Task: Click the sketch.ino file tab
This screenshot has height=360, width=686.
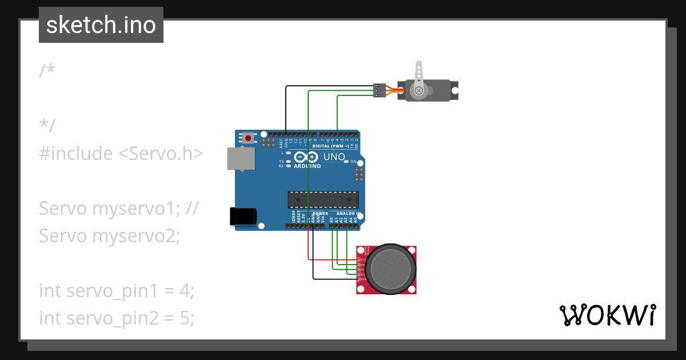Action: (101, 25)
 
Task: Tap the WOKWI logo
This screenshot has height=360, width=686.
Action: (607, 315)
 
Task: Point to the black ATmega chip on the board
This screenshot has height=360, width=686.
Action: (323, 199)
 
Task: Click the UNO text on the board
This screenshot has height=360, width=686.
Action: (334, 157)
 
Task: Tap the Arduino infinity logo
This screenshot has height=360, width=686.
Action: (307, 158)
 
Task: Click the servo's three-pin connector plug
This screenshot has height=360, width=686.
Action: (379, 90)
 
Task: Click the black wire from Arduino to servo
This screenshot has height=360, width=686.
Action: (286, 109)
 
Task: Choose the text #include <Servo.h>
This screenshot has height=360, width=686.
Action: (121, 153)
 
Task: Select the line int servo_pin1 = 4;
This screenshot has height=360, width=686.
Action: (117, 290)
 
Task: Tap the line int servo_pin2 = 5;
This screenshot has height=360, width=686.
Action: (117, 318)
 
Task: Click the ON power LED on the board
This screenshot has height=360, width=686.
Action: (347, 162)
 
